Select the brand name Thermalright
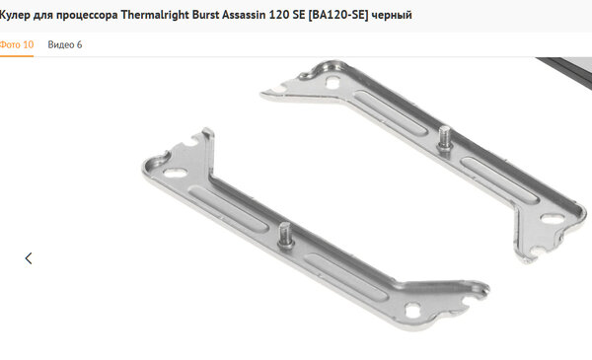155,15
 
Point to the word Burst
205,15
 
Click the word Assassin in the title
244,15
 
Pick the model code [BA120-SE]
338,15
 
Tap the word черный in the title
392,15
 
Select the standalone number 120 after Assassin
277,15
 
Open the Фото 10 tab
17,44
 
